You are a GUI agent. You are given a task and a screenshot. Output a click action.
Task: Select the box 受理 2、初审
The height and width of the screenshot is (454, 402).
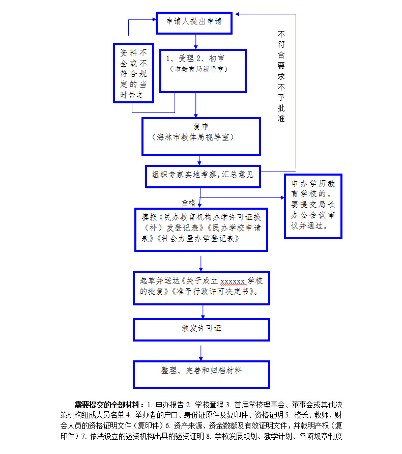click(x=203, y=71)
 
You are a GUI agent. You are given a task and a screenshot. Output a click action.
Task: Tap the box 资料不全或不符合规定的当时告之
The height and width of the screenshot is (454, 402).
click(x=133, y=73)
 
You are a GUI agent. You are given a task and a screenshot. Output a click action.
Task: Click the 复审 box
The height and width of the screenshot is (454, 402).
click(x=200, y=136)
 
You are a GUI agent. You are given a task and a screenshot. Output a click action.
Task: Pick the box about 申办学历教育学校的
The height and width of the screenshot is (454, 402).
click(x=313, y=206)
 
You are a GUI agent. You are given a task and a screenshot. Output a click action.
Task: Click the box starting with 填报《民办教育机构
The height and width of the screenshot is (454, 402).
click(x=201, y=229)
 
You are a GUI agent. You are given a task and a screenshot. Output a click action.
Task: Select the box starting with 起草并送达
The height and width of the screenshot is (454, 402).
click(x=201, y=286)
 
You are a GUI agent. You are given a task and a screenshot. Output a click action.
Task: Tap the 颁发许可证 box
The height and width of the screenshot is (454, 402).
click(x=201, y=329)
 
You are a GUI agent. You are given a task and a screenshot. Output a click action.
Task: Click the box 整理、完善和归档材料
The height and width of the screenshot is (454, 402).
click(x=201, y=374)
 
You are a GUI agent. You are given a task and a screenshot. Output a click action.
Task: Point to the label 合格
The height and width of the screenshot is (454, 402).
click(x=188, y=203)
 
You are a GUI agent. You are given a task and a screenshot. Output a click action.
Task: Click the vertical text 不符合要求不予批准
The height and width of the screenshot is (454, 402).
click(x=281, y=76)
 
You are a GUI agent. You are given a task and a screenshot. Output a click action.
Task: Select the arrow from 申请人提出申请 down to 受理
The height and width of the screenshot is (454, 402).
click(x=196, y=41)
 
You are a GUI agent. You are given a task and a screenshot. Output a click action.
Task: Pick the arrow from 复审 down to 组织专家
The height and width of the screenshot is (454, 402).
click(x=199, y=160)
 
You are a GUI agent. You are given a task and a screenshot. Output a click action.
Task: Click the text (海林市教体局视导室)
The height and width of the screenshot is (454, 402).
click(x=193, y=137)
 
